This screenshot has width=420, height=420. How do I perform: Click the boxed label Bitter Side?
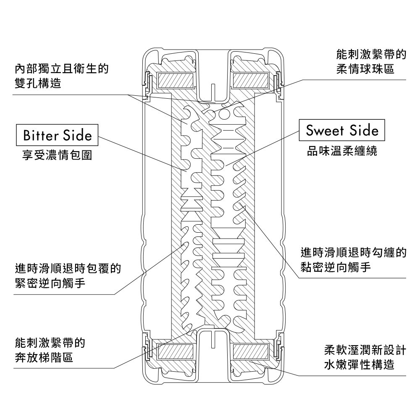tap(57, 135)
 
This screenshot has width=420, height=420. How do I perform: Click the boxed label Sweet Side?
tap(342, 131)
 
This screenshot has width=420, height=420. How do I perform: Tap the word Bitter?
tap(41, 135)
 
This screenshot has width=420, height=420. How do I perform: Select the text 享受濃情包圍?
tap(57, 155)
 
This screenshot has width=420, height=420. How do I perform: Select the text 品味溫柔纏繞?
tap(342, 151)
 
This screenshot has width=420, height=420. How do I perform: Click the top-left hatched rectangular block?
tap(175, 79)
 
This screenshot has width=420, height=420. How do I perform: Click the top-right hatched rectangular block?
tap(251, 79)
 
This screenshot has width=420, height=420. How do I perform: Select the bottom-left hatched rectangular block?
tap(175, 350)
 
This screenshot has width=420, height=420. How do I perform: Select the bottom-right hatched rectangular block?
tap(251, 350)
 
